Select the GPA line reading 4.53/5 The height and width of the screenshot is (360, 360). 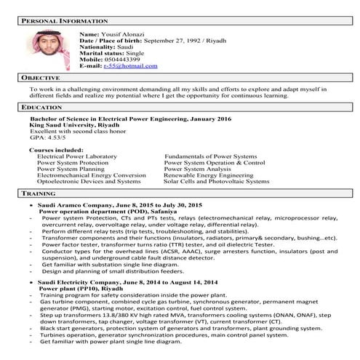(44, 136)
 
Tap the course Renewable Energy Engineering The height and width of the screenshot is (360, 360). (208, 175)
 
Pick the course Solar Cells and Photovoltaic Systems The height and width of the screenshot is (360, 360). (216, 181)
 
